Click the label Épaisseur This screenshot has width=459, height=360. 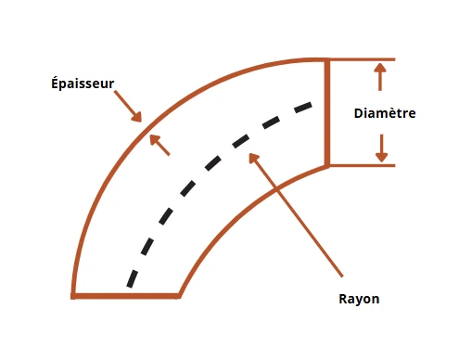click(x=83, y=84)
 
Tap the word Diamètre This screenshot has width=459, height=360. click(x=385, y=113)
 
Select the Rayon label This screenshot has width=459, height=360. click(x=359, y=299)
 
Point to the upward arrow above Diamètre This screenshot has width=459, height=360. click(x=380, y=77)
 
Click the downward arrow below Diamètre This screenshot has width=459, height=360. click(x=382, y=148)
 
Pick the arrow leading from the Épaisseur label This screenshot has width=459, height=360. click(x=128, y=106)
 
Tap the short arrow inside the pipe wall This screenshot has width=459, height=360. click(x=159, y=145)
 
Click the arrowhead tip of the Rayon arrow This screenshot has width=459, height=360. click(x=249, y=153)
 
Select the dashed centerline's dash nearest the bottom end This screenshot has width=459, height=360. click(x=132, y=278)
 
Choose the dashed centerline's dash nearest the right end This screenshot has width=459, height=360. click(x=303, y=108)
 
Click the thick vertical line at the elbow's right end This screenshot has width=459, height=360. click(x=327, y=112)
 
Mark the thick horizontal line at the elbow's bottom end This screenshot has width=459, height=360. click(x=125, y=296)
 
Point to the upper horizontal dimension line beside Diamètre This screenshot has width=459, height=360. click(x=362, y=59)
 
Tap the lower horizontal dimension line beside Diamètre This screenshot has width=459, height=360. click(x=362, y=165)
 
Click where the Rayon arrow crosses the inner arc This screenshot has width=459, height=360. click(x=276, y=188)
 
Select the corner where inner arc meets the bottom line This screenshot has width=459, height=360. click(x=179, y=295)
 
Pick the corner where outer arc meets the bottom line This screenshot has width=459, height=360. click(x=73, y=296)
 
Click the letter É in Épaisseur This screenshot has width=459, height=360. click(x=55, y=84)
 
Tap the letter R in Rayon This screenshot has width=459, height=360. click(x=343, y=299)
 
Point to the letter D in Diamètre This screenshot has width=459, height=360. click(x=359, y=113)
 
